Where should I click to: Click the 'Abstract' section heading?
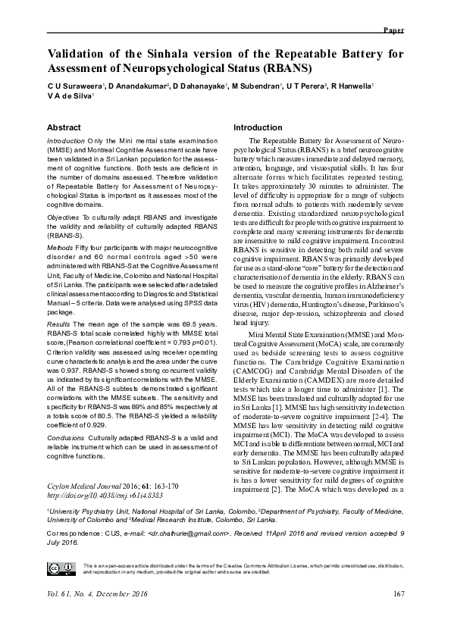pos(64,127)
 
